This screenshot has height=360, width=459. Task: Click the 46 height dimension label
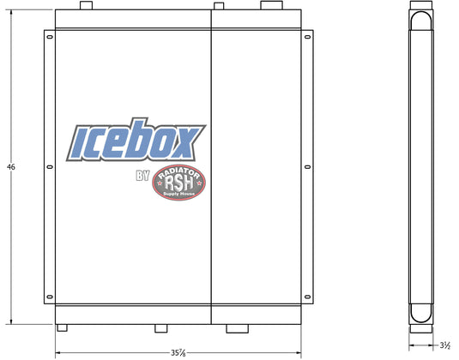pyautogui.click(x=11, y=167)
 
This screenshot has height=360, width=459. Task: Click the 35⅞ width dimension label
pyautogui.click(x=178, y=352)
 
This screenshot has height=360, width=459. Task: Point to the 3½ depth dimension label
pyautogui.click(x=445, y=345)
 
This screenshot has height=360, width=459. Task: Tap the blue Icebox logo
pyautogui.click(x=136, y=140)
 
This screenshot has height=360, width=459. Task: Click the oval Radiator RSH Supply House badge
pyautogui.click(x=178, y=183)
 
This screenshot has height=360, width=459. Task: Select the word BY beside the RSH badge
pyautogui.click(x=143, y=176)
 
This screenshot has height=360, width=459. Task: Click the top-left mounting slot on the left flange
pyautogui.click(x=50, y=37)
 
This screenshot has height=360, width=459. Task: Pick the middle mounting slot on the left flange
pyautogui.click(x=50, y=167)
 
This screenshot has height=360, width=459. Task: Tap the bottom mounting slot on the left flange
pyautogui.click(x=50, y=297)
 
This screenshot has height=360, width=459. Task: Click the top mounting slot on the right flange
pyautogui.click(x=307, y=37)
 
